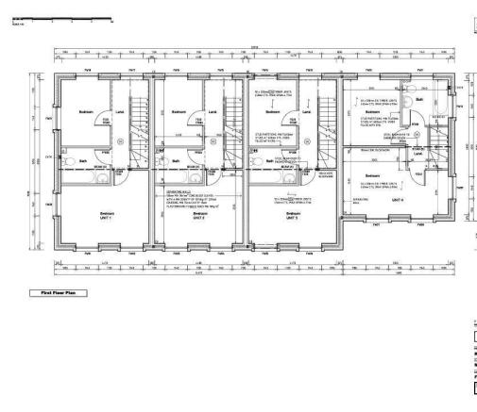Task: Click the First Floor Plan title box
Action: click(60, 292)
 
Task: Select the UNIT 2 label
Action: click(199, 218)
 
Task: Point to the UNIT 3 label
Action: click(292, 218)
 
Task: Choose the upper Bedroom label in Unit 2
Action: click(178, 109)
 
